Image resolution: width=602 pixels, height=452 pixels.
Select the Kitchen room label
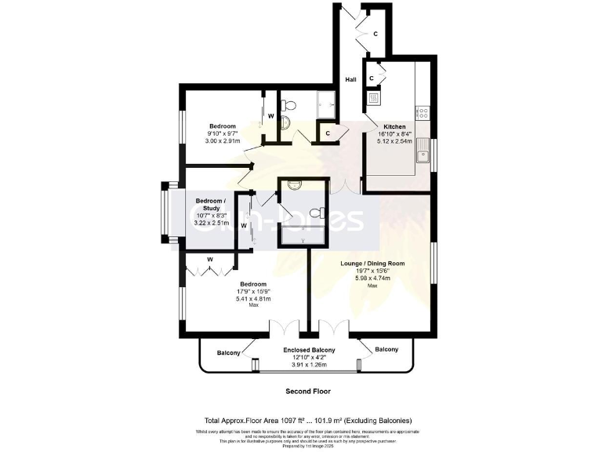click(393, 126)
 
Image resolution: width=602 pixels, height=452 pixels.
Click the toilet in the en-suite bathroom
click(317, 213)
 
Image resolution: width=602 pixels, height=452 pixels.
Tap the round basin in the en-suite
click(294, 184)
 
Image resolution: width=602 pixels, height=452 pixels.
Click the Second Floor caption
click(307, 391)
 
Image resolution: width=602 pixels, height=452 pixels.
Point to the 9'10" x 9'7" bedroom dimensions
click(223, 134)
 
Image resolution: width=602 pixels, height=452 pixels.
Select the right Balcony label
click(386, 348)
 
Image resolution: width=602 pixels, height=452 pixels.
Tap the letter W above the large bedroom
click(210, 259)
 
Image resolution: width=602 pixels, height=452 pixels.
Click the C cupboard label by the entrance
click(375, 34)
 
